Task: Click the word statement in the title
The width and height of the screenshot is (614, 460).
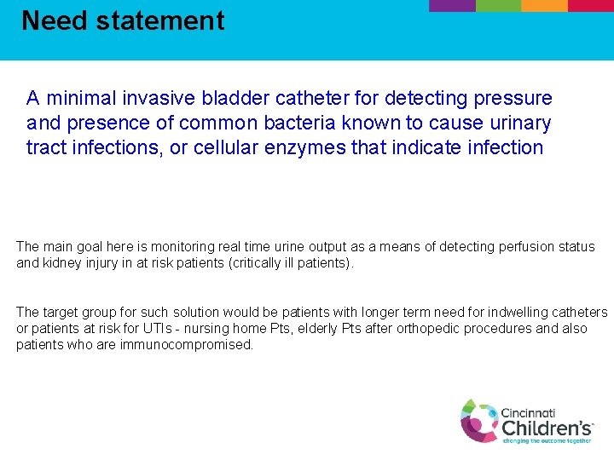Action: coord(160,20)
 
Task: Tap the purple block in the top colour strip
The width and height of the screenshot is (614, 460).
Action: coord(451,5)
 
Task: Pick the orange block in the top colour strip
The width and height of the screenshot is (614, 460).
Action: coord(544,5)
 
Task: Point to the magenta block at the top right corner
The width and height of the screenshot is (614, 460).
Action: coord(591,5)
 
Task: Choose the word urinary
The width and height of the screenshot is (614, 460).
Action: coord(519,124)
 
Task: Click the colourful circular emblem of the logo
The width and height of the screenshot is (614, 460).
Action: coord(479,420)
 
